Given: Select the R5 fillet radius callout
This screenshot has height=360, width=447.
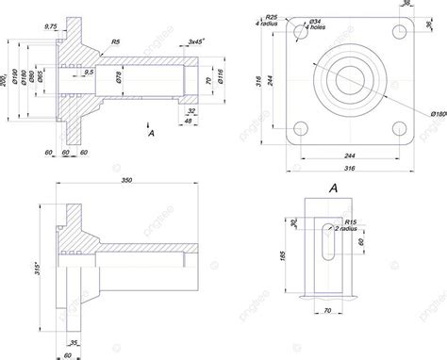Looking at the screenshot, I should pyautogui.click(x=114, y=42).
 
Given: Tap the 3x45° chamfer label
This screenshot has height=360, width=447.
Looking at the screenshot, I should pyautogui.click(x=196, y=42).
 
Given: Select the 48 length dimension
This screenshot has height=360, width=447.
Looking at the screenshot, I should pyautogui.click(x=190, y=121).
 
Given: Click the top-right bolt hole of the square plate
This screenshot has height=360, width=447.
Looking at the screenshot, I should pyautogui.click(x=389, y=32).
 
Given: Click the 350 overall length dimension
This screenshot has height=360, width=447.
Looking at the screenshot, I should pyautogui.click(x=125, y=181).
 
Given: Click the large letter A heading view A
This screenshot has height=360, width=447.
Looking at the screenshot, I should pyautogui.click(x=332, y=188).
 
